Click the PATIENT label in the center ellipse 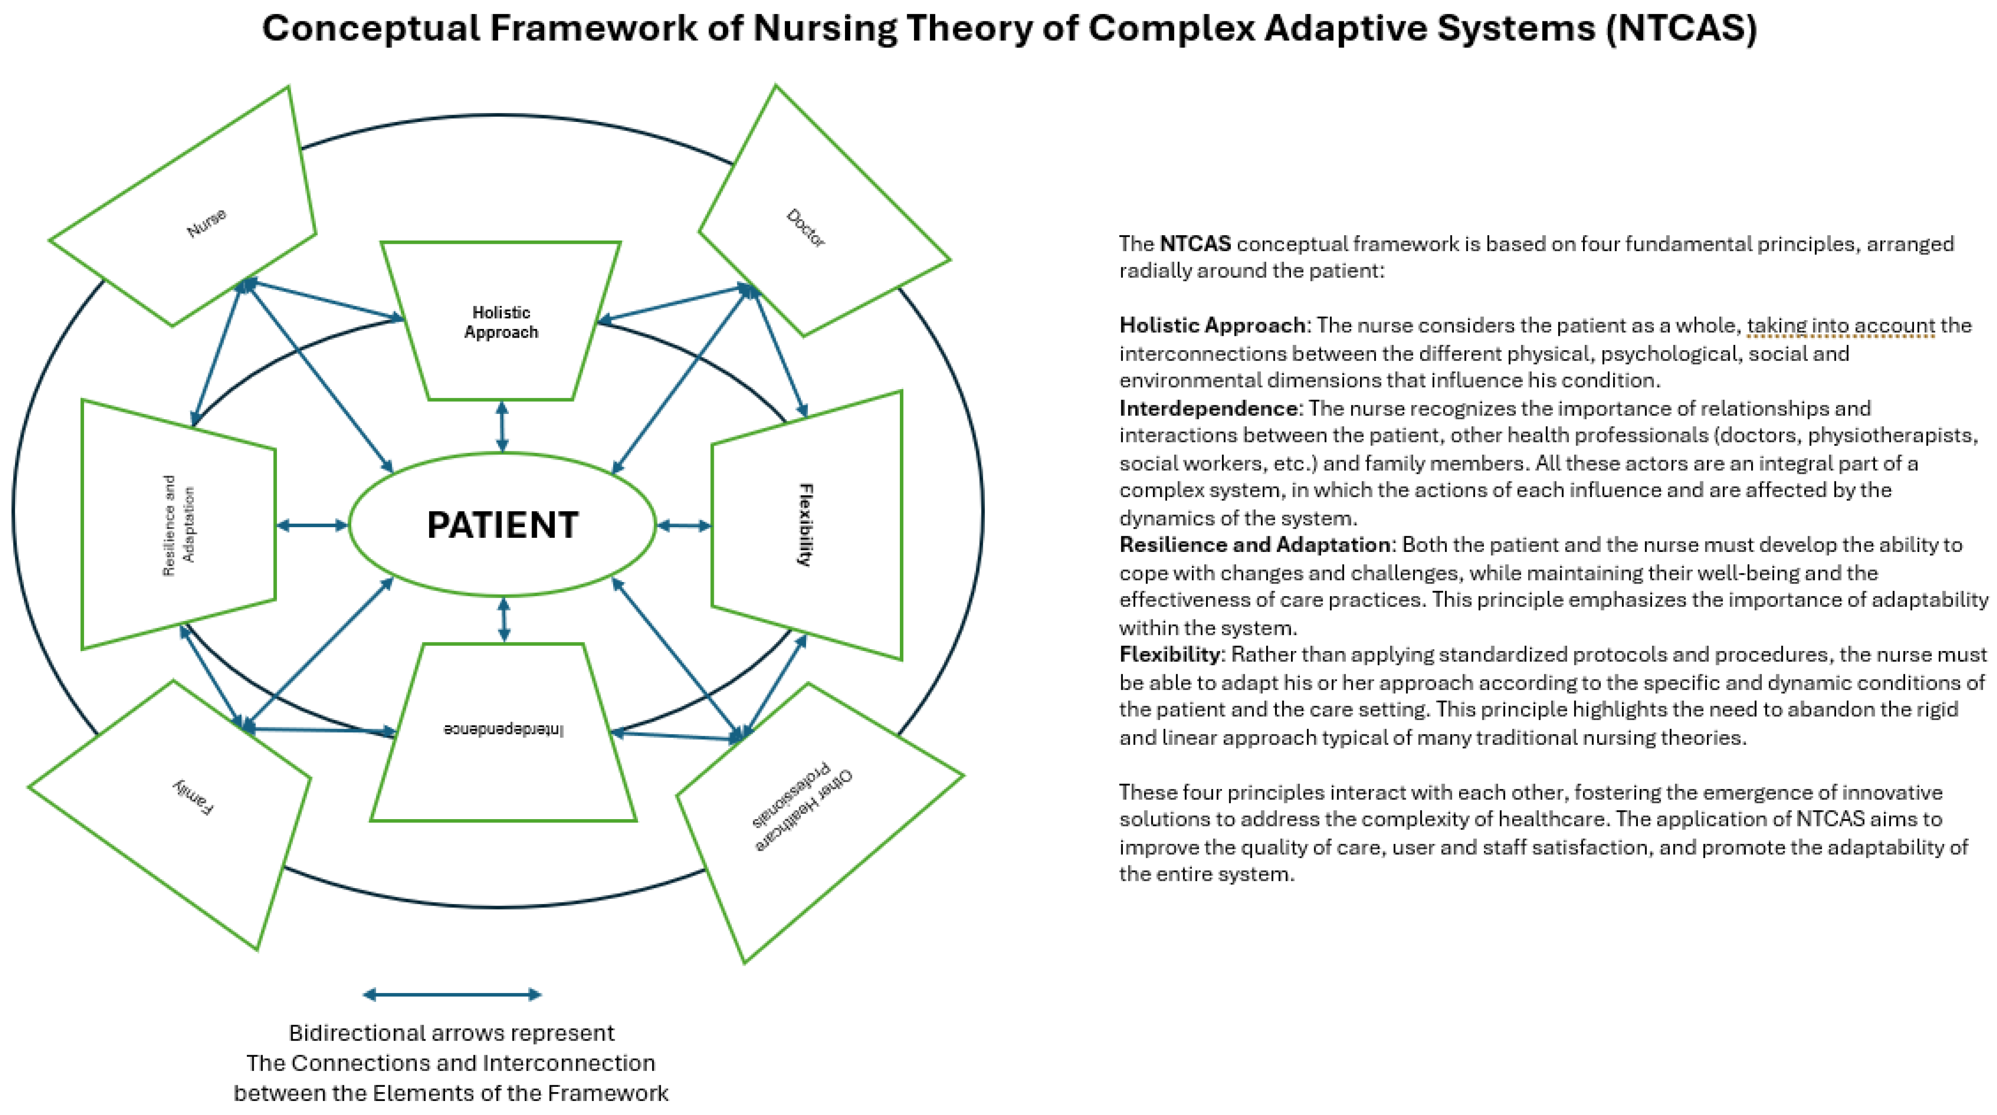(502, 525)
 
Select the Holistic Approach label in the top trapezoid (501, 322)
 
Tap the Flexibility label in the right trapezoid (806, 525)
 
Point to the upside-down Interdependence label (504, 730)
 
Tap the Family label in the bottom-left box (193, 797)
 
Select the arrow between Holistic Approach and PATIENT (502, 427)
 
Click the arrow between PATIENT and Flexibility (684, 526)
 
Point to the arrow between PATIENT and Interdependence (504, 619)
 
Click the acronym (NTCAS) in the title (1681, 28)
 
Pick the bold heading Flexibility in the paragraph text (1169, 654)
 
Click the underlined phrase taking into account (1841, 326)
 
